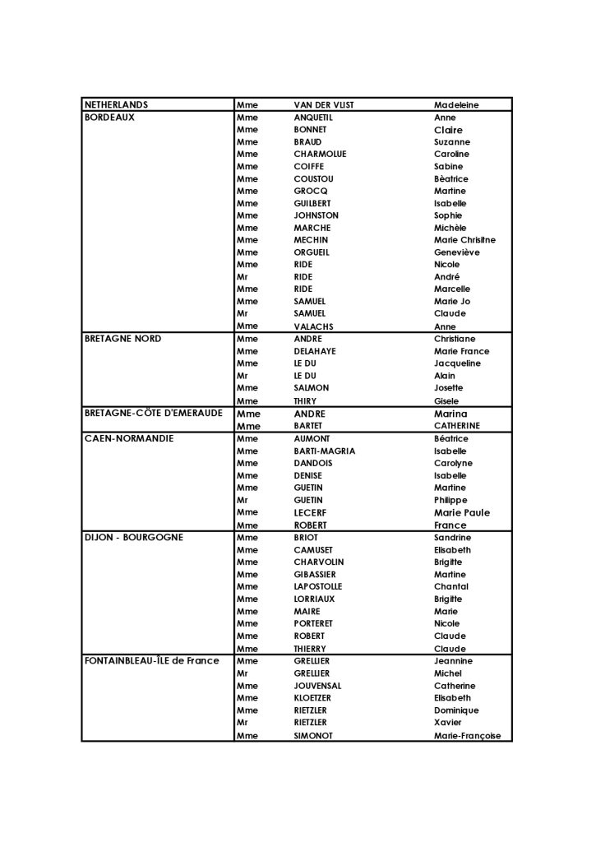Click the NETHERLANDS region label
pos(116,105)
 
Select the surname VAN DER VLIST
pos(324,105)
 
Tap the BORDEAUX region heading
pos(109,118)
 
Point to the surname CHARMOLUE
pos(320,155)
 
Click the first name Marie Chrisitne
pos(464,240)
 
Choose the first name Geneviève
pos(457,252)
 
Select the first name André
pos(446,277)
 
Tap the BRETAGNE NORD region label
pos(122,339)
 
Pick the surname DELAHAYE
pos(315,351)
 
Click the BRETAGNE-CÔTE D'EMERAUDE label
pos(153,413)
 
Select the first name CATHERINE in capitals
pos(457,426)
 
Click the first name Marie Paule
pos(461,512)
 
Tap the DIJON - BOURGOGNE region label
pos(134,538)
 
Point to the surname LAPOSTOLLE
pos(317,586)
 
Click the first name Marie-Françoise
pos(467,736)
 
